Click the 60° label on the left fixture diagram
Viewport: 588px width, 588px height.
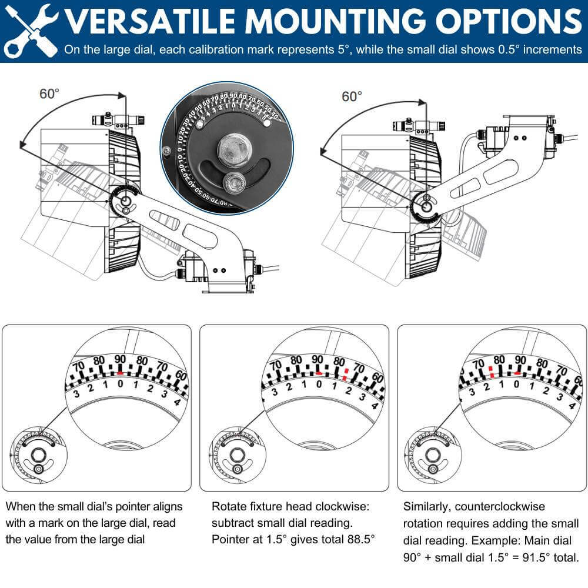[x=50, y=93]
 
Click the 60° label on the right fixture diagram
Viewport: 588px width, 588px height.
[x=352, y=96]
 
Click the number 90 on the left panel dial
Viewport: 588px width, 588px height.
[x=120, y=360]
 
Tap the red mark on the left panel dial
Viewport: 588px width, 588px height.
[x=120, y=372]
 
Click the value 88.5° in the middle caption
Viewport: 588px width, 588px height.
[x=356, y=538]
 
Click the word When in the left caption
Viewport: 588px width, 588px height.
[x=19, y=506]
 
